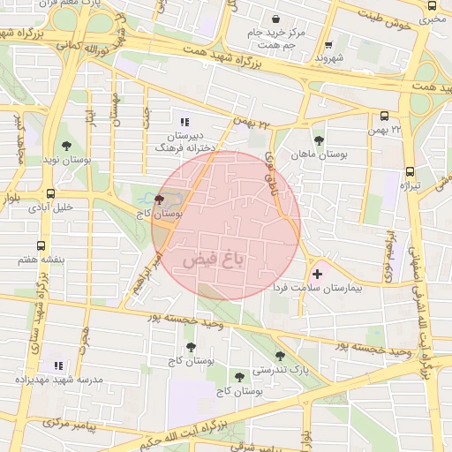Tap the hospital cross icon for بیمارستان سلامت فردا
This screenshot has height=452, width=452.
click(317, 275)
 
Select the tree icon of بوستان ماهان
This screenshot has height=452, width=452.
click(318, 139)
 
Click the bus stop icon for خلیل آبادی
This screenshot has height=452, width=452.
click(50, 194)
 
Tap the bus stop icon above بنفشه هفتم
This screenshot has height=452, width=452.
click(39, 247)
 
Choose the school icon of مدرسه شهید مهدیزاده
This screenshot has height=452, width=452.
click(58, 365)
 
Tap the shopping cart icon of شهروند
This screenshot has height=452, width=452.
click(328, 46)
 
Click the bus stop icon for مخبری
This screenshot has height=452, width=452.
click(432, 5)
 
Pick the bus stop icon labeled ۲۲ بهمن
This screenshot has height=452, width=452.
click(384, 116)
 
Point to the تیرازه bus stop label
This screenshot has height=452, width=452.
click(411, 186)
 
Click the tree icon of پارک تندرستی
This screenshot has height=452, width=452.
click(280, 357)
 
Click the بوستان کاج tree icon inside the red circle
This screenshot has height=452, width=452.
click(159, 200)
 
